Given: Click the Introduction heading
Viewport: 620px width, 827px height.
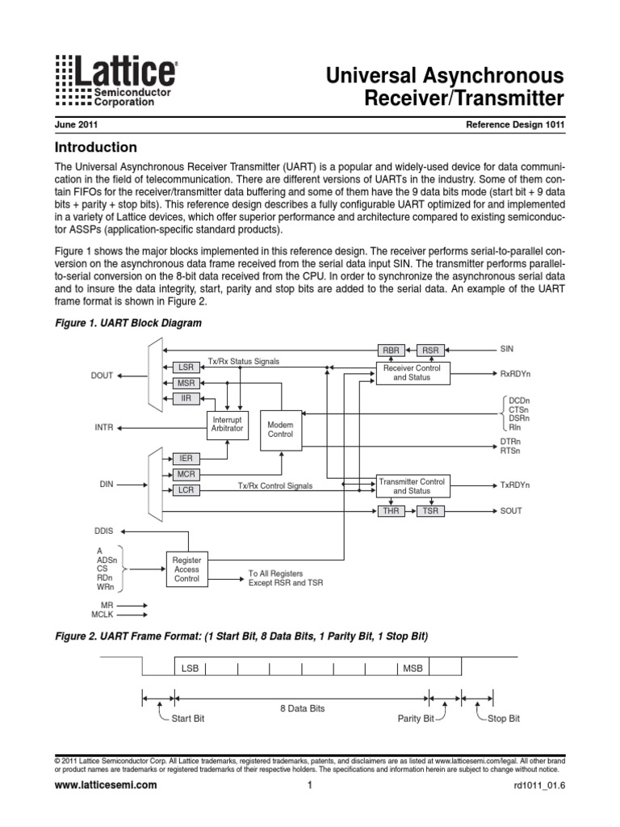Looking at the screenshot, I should click(x=95, y=148).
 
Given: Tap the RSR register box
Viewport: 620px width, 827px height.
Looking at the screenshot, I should click(x=430, y=350).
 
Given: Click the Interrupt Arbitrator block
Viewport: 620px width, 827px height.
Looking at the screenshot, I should click(x=227, y=424).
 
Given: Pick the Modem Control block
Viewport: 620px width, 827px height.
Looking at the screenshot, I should click(x=281, y=430).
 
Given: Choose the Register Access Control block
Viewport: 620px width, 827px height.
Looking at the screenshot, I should click(x=186, y=569).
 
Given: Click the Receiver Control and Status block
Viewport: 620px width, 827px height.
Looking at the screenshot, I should click(x=412, y=372).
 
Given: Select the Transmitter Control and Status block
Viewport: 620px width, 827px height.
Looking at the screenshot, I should click(x=412, y=485).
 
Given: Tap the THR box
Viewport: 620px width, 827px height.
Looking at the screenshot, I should click(x=391, y=511).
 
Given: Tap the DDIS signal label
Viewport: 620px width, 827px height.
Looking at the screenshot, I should click(x=106, y=532).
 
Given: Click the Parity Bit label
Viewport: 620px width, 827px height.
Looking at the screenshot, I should click(x=416, y=719).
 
